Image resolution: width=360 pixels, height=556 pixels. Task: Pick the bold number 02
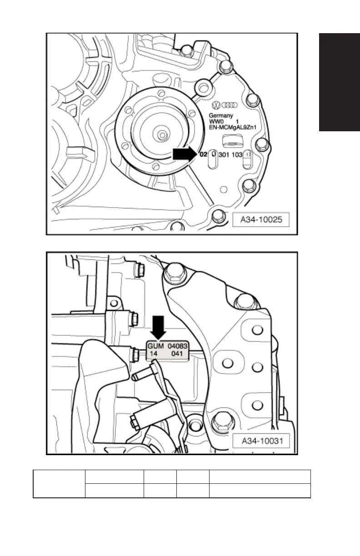tap(203, 154)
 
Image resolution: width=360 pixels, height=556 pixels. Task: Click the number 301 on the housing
tap(224, 155)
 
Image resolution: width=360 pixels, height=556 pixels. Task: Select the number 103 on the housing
tap(238, 155)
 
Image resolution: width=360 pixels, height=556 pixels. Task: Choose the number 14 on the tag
tap(152, 353)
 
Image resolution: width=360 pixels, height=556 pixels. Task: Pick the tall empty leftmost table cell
tap(59, 484)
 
